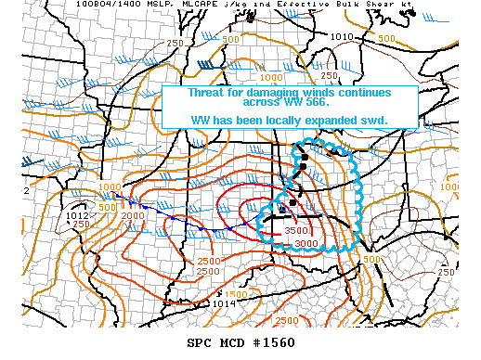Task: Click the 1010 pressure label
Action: point(342,37)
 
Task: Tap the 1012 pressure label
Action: point(78,215)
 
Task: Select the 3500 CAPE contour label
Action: point(296,231)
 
